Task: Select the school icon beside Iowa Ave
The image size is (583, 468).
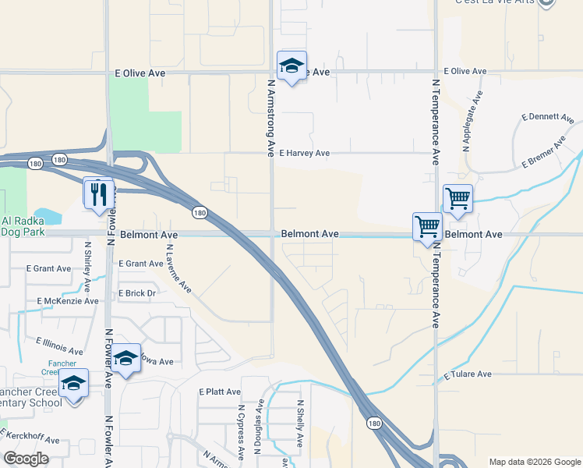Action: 125,359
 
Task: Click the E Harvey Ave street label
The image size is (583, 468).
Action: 305,154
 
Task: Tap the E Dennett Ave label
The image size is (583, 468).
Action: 547,118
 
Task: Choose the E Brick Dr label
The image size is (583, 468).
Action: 137,293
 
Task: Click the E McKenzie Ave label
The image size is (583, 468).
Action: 68,301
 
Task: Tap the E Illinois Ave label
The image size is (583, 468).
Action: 59,346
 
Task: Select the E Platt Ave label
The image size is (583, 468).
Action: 220,392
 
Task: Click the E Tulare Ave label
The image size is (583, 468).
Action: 468,374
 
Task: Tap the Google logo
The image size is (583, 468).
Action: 26,458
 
